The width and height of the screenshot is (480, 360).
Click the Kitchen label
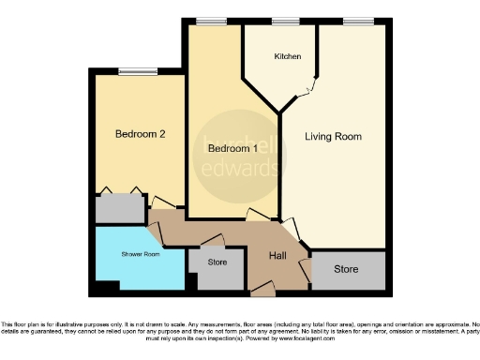click(x=288, y=57)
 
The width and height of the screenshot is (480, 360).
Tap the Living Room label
click(x=333, y=137)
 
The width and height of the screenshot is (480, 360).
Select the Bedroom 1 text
click(x=232, y=149)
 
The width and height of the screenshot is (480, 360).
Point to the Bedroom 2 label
click(x=140, y=134)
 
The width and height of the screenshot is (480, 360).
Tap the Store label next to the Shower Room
click(x=217, y=262)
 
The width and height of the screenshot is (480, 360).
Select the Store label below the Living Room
click(x=346, y=270)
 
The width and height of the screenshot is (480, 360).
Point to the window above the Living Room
click(x=356, y=21)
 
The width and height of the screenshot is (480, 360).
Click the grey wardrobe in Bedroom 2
click(x=119, y=208)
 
